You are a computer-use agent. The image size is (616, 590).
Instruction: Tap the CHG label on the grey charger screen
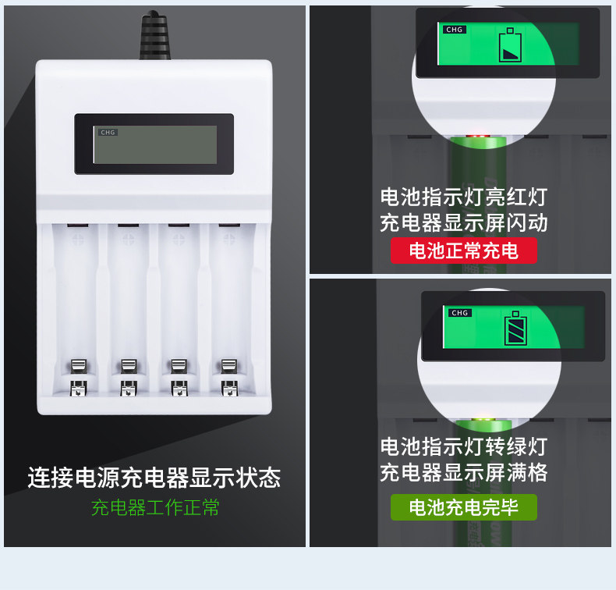click(x=108, y=133)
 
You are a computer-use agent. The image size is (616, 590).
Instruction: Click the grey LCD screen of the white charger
click(x=154, y=145)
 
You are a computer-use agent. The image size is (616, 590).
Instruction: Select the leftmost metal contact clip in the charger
click(x=78, y=375)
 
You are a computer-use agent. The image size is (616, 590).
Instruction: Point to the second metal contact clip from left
click(x=128, y=375)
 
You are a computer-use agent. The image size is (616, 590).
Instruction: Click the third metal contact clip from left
click(x=178, y=375)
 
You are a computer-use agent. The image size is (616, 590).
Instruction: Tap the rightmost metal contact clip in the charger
click(x=228, y=375)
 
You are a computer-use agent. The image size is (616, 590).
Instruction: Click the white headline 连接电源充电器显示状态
click(x=154, y=478)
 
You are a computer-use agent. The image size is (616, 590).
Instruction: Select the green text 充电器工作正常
click(x=154, y=508)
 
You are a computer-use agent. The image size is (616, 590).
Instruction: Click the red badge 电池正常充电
click(x=464, y=251)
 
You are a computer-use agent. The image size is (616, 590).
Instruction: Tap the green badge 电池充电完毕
click(x=464, y=508)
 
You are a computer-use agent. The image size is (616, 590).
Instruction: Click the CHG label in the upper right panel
click(x=454, y=30)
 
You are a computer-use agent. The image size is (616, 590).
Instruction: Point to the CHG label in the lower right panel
click(x=459, y=313)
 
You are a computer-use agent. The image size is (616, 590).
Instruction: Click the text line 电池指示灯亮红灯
click(x=464, y=197)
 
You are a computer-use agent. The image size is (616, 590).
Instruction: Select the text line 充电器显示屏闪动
click(x=464, y=222)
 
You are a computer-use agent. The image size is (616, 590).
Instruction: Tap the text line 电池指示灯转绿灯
click(x=464, y=447)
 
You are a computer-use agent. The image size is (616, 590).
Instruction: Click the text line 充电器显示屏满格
click(x=464, y=473)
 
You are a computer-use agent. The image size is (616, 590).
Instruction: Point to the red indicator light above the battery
click(x=476, y=137)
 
